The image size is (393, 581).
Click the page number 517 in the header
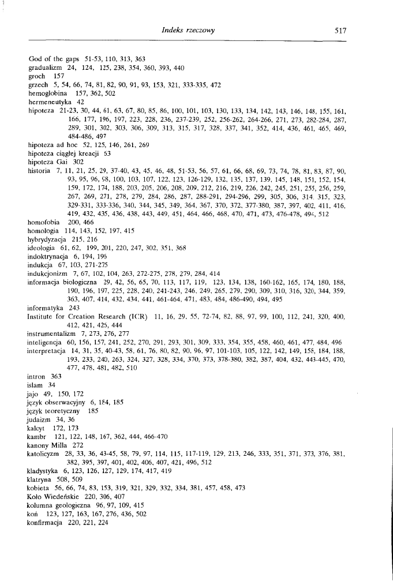tap(339, 32)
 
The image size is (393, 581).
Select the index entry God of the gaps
tap(53, 59)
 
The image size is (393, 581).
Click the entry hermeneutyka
tap(48, 101)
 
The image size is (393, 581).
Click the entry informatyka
tap(46, 388)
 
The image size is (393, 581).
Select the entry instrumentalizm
tap(51, 414)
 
